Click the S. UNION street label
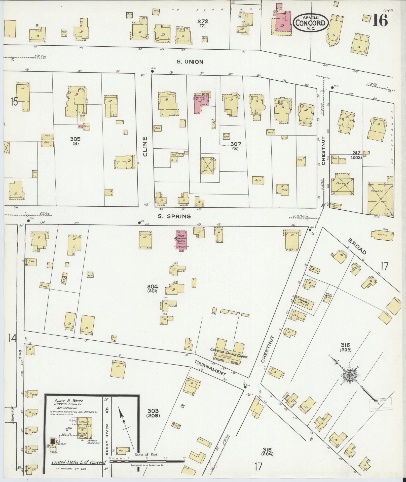190,62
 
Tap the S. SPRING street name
174,216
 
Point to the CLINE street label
145,147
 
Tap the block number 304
153,287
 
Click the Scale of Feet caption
146,455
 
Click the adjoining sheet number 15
14,102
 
